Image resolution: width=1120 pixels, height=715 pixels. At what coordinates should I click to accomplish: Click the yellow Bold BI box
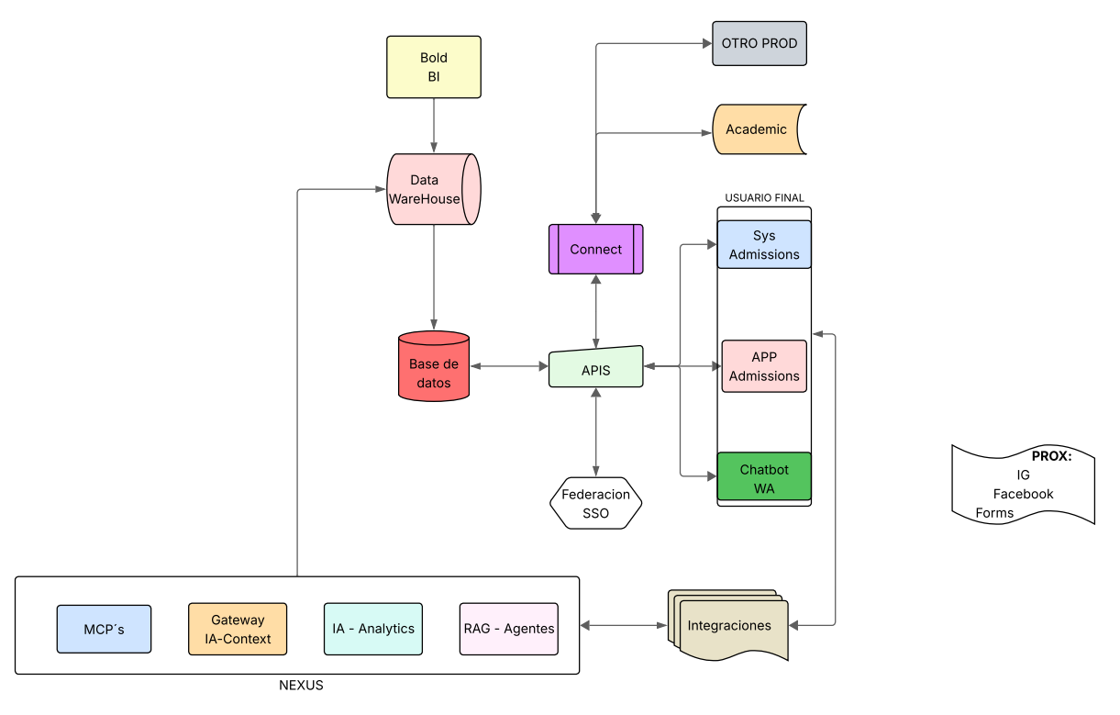click(434, 67)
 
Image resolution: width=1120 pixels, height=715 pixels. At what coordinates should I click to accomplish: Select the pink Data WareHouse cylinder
click(434, 189)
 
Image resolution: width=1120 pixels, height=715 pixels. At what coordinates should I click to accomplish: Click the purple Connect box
click(595, 249)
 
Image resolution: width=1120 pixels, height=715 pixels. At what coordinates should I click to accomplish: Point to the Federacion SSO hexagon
click(595, 503)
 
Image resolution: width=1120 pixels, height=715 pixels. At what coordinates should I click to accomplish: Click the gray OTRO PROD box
click(760, 43)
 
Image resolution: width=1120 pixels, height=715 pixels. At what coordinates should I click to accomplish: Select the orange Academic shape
click(758, 129)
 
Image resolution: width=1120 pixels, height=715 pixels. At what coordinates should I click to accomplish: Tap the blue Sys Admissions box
click(764, 245)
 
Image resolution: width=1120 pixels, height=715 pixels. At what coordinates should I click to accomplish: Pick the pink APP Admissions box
click(764, 366)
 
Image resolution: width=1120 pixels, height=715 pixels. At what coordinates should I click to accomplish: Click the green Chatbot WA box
click(764, 477)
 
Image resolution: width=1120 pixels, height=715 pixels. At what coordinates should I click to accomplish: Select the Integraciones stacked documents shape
click(730, 627)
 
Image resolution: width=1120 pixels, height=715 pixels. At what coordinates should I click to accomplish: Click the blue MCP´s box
click(104, 629)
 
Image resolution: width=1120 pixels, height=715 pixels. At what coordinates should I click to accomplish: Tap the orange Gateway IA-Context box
click(238, 629)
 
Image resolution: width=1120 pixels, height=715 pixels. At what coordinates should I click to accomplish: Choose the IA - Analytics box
click(373, 629)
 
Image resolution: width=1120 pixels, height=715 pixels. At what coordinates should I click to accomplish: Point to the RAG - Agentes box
click(508, 629)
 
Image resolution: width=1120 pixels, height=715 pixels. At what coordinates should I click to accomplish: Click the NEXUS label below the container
click(301, 686)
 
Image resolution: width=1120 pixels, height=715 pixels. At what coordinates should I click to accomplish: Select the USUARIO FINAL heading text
click(764, 197)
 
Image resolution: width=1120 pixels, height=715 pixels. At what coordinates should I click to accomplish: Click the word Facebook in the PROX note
click(1023, 494)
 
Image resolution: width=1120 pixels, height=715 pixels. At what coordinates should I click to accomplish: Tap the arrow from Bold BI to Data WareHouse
click(434, 125)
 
